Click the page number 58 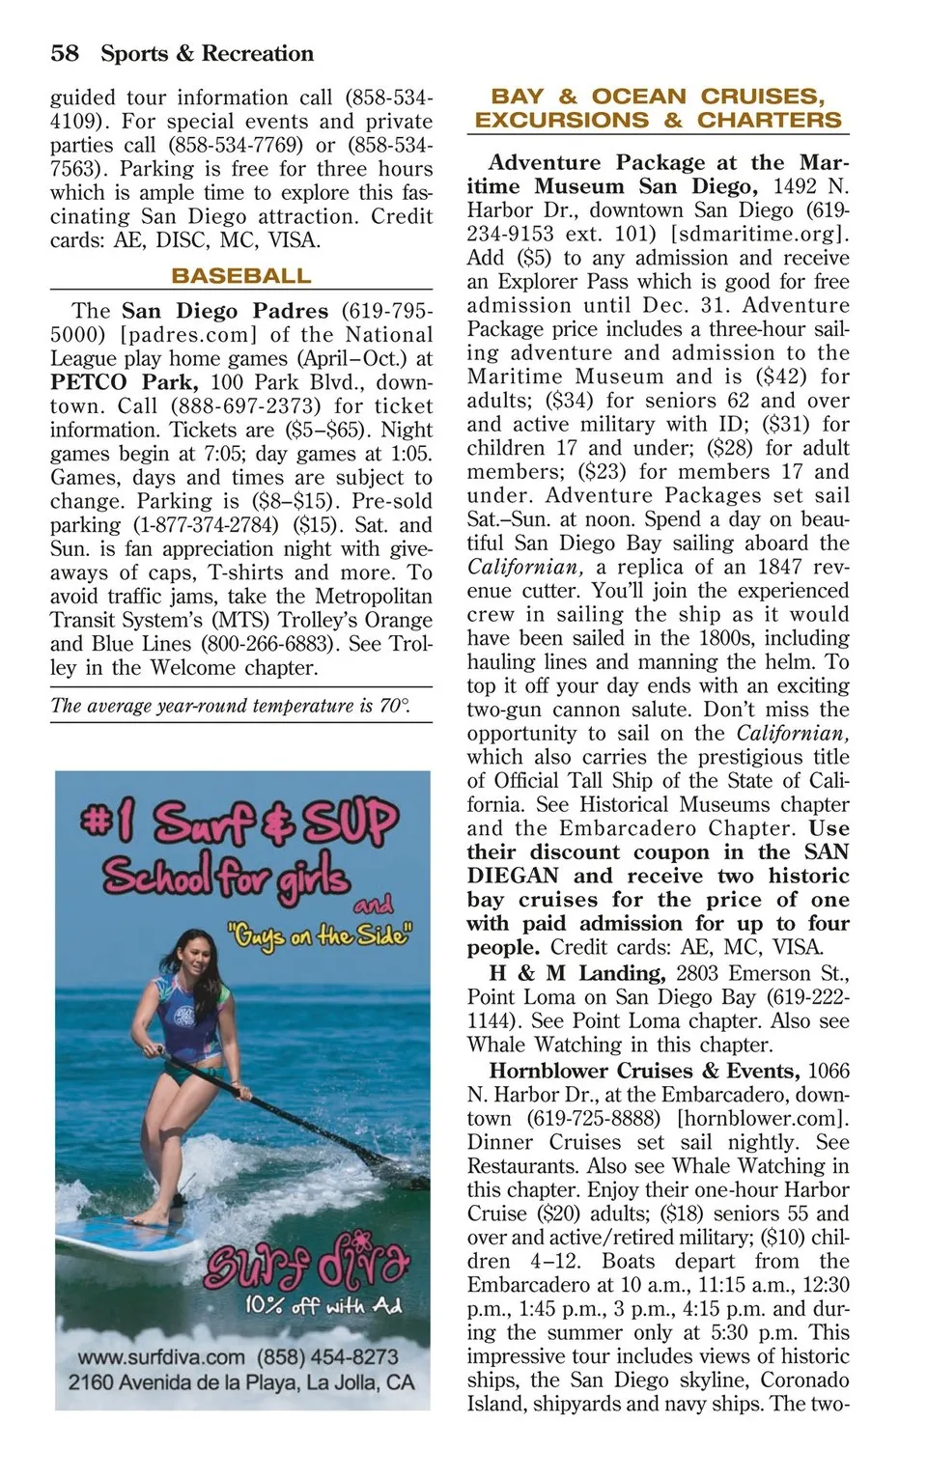pos(65,53)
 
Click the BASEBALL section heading pos(241,276)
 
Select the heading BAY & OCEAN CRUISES pos(658,97)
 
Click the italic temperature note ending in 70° pos(231,706)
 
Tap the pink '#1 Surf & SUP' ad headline pos(239,823)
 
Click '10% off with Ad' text pos(323,1305)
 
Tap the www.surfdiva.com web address pos(161,1356)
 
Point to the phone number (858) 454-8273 pos(327,1356)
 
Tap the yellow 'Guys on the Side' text pos(320,935)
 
